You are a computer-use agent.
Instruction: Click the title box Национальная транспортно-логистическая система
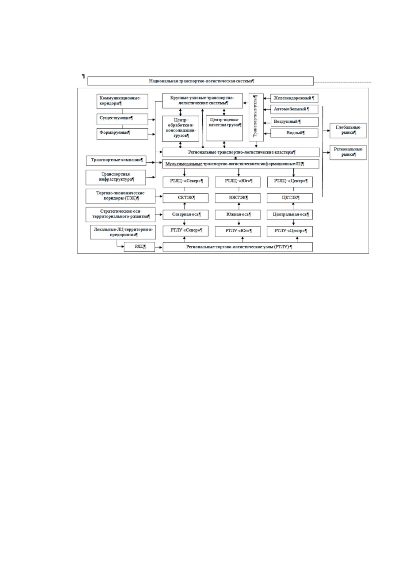200,81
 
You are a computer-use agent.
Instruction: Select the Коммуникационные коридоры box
122,101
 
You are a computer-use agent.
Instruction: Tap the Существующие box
122,119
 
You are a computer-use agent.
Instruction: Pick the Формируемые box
122,134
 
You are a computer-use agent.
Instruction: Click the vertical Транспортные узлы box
256,117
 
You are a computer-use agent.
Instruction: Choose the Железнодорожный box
294,98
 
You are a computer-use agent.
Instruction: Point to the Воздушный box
294,122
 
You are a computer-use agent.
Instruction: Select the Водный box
294,133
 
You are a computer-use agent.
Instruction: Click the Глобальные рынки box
348,131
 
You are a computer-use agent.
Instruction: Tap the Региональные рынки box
348,152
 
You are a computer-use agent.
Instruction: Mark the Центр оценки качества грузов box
224,128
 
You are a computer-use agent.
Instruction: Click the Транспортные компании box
116,160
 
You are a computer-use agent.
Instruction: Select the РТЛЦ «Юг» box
238,182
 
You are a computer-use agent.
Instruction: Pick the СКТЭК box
185,198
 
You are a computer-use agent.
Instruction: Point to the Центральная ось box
290,215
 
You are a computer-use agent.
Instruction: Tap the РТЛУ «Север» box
185,231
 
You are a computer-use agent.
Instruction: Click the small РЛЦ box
139,247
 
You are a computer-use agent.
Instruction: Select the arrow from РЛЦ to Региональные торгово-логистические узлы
158,247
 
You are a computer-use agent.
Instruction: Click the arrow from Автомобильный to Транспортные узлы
267,109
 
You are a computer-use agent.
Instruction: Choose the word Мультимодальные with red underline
184,164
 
